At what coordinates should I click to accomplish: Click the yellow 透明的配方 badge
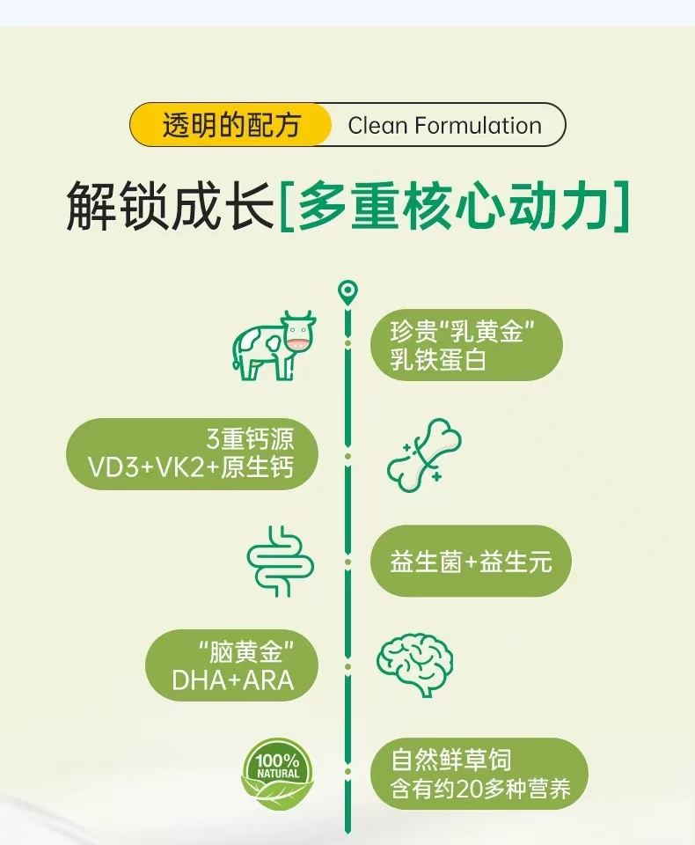coord(231,125)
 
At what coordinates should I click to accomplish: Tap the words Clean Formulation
coord(444,125)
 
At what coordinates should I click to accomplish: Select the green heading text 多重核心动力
coord(454,206)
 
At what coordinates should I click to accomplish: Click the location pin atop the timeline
coord(348,291)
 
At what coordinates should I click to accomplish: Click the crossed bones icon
coord(425,454)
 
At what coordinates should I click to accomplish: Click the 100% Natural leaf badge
coord(277,773)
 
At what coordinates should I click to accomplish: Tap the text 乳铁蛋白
coord(438,360)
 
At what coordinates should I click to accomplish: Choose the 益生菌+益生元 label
coord(471,562)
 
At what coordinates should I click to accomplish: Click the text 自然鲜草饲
coord(451,759)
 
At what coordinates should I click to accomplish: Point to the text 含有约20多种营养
coord(481,788)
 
